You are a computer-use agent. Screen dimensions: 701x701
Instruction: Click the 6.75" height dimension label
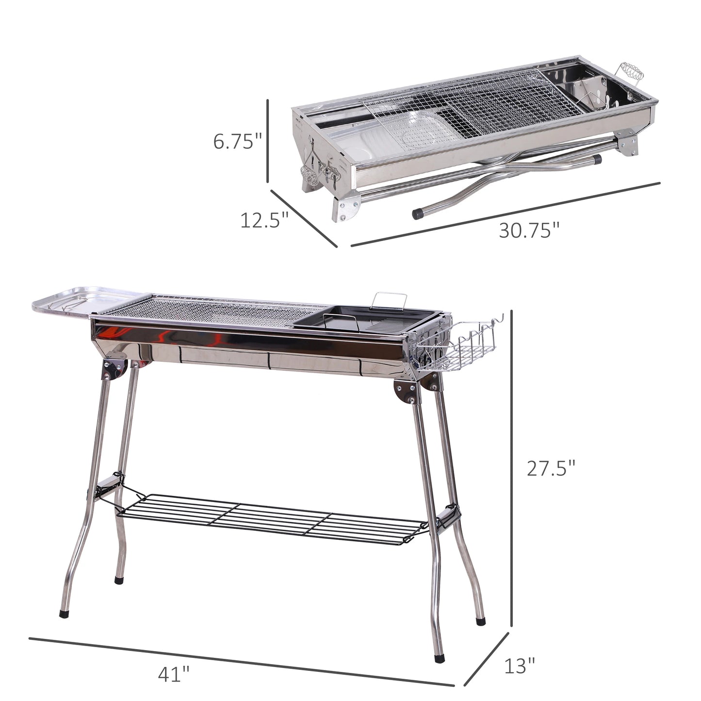(238, 141)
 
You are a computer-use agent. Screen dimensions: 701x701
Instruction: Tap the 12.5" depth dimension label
(264, 220)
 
